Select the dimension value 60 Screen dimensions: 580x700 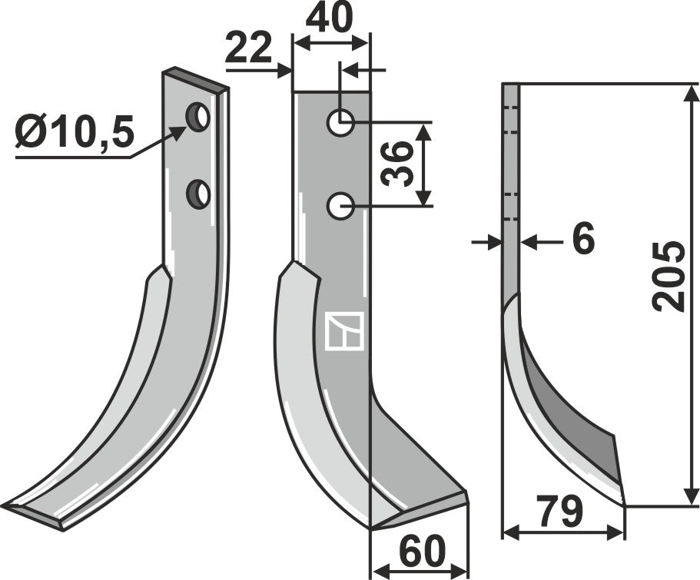pyautogui.click(x=422, y=552)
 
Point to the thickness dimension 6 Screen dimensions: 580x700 pyautogui.click(x=583, y=240)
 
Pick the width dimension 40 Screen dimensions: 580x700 pyautogui.click(x=331, y=18)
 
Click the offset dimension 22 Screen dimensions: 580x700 pyautogui.click(x=249, y=51)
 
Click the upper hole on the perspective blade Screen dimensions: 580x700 pyautogui.click(x=199, y=117)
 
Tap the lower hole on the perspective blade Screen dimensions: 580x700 pyautogui.click(x=200, y=193)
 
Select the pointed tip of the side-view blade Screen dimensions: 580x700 pyautogui.click(x=622, y=503)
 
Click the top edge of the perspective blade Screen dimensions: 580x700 pyautogui.click(x=195, y=79)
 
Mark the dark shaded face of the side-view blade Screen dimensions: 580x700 pyautogui.click(x=572, y=415)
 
